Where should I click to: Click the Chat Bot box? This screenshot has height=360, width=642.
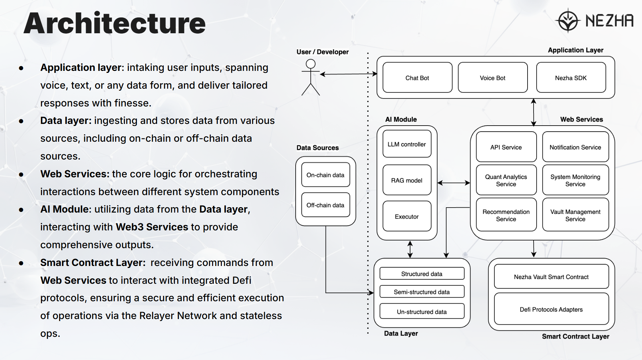(417, 78)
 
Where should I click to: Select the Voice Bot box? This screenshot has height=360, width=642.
(492, 78)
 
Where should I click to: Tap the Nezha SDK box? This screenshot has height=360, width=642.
(571, 78)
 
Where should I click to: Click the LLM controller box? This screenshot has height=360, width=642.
(407, 144)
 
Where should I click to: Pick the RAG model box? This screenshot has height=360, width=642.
(407, 180)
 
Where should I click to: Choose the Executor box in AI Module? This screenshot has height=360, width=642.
(407, 216)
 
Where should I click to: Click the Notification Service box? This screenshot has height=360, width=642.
(575, 147)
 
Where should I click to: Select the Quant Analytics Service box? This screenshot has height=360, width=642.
(506, 180)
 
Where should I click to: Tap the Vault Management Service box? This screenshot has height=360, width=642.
(575, 215)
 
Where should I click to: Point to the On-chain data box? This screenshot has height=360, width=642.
(326, 175)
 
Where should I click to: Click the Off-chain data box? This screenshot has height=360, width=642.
(326, 205)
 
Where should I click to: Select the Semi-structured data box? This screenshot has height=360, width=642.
(422, 292)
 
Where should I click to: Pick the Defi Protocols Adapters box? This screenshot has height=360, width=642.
(551, 309)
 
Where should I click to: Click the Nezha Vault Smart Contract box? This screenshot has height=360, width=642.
(551, 277)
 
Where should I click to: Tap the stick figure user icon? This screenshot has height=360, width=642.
(310, 78)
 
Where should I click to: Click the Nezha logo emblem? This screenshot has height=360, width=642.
(568, 20)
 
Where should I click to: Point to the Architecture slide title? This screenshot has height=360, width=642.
(114, 24)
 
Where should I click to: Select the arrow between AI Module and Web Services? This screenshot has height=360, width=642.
(453, 183)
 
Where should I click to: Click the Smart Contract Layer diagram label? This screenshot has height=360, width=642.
(575, 336)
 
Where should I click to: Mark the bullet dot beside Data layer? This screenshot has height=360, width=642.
(21, 121)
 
